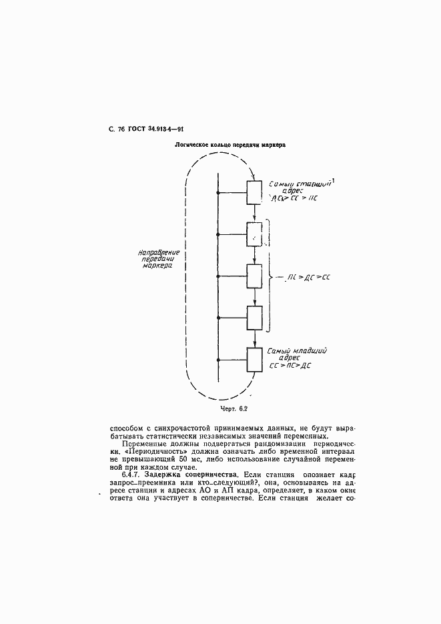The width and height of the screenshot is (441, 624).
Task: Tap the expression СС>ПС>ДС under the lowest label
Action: (x=291, y=366)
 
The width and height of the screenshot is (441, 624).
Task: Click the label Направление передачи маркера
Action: (x=155, y=259)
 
